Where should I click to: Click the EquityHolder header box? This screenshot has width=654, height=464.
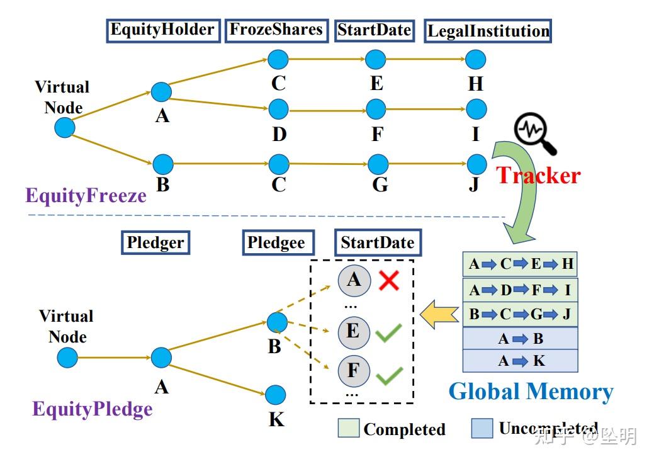163,30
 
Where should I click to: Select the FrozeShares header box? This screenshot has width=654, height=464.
276,30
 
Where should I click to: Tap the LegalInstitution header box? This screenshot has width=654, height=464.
488,31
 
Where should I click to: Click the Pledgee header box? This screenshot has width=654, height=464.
276,243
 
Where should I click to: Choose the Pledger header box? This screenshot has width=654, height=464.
155,243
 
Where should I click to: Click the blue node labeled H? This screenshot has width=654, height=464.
475,60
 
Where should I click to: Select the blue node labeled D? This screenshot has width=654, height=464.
278,110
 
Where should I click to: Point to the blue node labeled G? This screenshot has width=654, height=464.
378,164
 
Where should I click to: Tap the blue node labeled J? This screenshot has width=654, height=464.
476,164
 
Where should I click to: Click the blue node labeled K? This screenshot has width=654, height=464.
275,395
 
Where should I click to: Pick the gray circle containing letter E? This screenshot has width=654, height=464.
353,331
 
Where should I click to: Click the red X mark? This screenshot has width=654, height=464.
389,280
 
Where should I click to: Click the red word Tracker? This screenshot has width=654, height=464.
539,175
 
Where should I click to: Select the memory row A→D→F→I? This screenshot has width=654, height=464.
520,290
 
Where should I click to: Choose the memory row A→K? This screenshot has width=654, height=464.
520,361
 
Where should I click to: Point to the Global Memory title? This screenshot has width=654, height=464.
531,392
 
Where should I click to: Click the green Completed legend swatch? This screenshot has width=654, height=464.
348,429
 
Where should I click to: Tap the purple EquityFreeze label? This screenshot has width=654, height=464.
86,196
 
